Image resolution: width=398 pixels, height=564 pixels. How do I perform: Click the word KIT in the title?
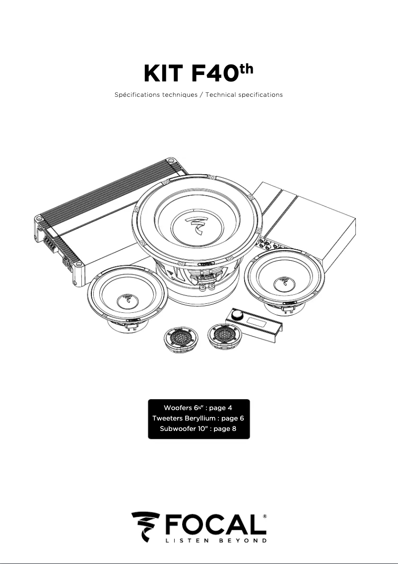click(x=162, y=73)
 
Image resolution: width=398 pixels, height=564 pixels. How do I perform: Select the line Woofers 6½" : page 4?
click(x=198, y=408)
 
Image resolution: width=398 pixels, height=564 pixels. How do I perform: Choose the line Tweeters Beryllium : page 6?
click(x=198, y=419)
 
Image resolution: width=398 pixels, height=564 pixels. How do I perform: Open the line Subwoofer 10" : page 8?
click(x=198, y=428)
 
